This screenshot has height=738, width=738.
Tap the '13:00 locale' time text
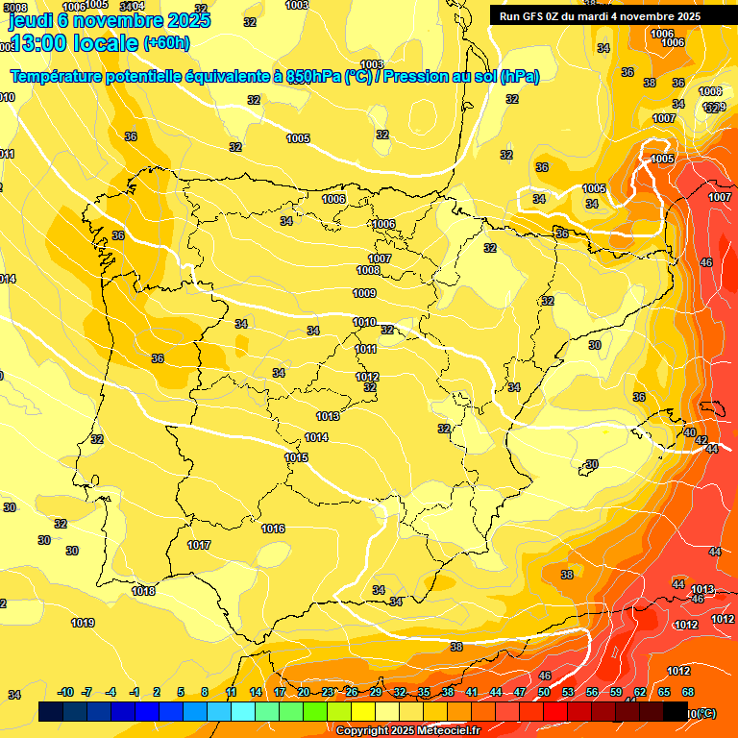(x=73, y=42)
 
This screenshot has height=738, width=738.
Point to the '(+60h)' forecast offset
(x=166, y=43)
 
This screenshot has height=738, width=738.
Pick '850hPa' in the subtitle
(x=313, y=77)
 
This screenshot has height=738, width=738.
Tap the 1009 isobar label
(x=364, y=294)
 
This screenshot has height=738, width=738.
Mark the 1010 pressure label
(x=364, y=323)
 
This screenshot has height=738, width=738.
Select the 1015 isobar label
(x=296, y=458)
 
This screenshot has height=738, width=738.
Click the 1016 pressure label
(x=273, y=529)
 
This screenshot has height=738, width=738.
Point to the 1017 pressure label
(x=199, y=546)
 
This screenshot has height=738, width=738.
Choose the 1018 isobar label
(x=144, y=592)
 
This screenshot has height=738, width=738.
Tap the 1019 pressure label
(x=83, y=623)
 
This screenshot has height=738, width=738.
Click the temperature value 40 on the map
(x=690, y=433)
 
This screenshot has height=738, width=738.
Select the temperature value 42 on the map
(x=702, y=440)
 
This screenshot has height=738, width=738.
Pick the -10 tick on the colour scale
(x=65, y=692)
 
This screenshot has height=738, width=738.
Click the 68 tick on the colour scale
(x=688, y=692)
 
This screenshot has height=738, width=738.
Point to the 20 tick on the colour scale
(x=304, y=692)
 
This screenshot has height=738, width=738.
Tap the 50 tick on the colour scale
(x=544, y=692)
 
